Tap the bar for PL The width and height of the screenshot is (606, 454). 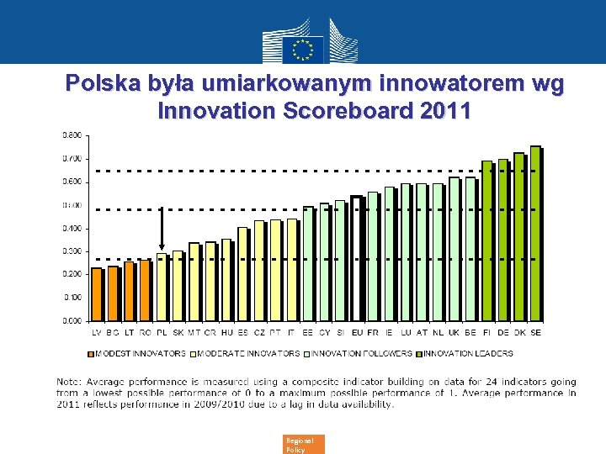[x=161, y=287]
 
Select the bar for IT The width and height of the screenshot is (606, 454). [x=291, y=270]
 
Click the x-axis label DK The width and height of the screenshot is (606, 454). [x=519, y=333]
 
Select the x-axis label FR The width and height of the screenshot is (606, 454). [x=373, y=333]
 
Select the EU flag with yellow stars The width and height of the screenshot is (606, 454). [x=302, y=48]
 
